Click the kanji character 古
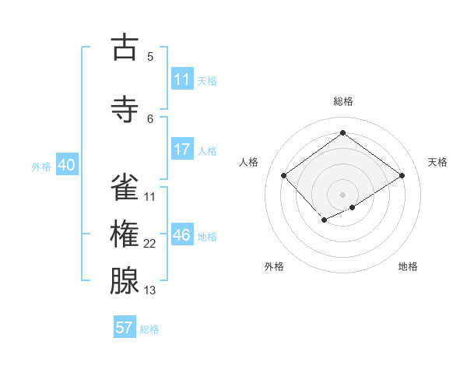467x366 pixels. click(125, 48)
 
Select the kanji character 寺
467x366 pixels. click(125, 110)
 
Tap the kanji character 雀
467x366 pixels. click(125, 188)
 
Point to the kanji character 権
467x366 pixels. click(125, 234)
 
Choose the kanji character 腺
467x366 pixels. click(125, 281)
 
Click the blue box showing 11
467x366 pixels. click(182, 79)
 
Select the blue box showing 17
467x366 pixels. click(182, 150)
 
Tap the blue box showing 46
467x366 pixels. click(182, 235)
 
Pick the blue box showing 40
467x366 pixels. click(66, 165)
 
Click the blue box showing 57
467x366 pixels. click(125, 328)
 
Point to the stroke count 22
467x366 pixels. click(150, 244)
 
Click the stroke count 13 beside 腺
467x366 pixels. click(150, 290)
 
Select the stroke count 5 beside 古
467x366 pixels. click(150, 56)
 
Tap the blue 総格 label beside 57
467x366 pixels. click(149, 329)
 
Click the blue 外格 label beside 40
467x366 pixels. click(41, 166)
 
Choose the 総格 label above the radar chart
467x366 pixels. click(342, 101)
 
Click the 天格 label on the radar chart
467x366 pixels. click(437, 162)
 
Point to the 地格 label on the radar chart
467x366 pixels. click(408, 266)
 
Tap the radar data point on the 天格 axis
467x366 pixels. click(402, 176)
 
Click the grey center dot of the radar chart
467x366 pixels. click(342, 194)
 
